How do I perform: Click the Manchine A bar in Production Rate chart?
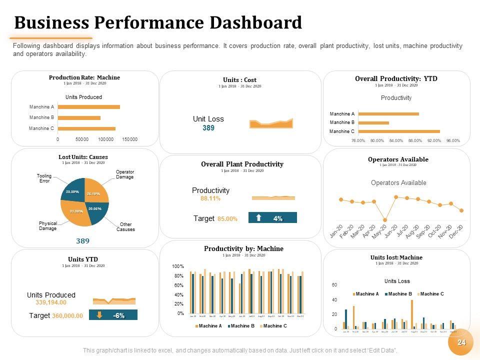pyautogui.click(x=89, y=106)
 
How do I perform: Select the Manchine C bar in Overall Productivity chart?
pyautogui.click(x=399, y=131)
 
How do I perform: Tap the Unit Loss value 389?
pyautogui.click(x=208, y=128)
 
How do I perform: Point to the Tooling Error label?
pyautogui.click(x=44, y=178)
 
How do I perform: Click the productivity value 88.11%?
pyautogui.click(x=210, y=198)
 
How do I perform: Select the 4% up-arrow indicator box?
pyautogui.click(x=272, y=218)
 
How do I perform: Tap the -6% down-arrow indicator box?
pyautogui.click(x=113, y=315)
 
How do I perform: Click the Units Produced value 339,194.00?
pyautogui.click(x=51, y=302)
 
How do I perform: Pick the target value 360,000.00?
pyautogui.click(x=67, y=315)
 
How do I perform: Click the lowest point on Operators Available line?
pyautogui.click(x=385, y=220)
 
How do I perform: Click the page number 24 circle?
pyautogui.click(x=461, y=342)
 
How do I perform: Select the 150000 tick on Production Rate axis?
pyautogui.click(x=129, y=139)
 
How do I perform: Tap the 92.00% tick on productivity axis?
pyautogui.click(x=434, y=140)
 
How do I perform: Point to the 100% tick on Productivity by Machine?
pyautogui.click(x=178, y=266)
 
